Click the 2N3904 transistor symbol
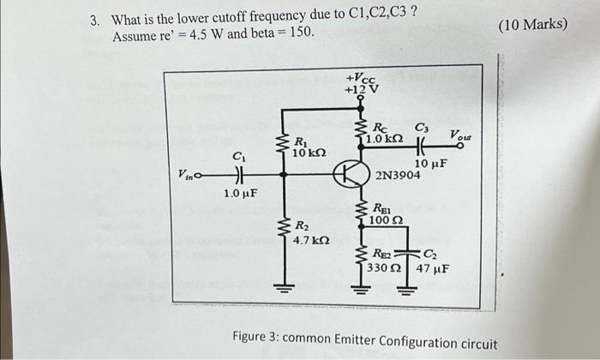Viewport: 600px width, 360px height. click(348, 175)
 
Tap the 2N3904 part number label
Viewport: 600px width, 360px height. click(398, 176)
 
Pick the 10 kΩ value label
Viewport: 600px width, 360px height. click(307, 153)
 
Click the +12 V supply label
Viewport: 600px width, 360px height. click(360, 89)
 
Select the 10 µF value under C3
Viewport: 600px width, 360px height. click(429, 164)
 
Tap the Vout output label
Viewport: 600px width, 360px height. click(462, 136)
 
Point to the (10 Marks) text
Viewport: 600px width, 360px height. click(532, 23)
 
